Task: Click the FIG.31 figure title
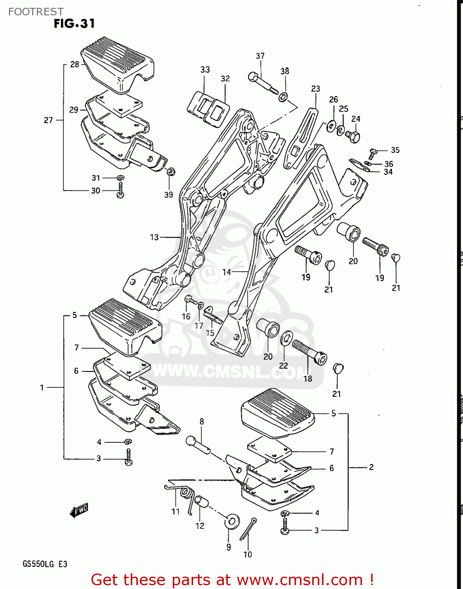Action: (x=74, y=24)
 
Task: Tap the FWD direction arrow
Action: (x=79, y=510)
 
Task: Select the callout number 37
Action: (x=260, y=56)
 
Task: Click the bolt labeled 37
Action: (x=262, y=82)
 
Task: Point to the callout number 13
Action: (x=154, y=237)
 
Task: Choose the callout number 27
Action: (x=48, y=120)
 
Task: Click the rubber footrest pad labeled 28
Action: (x=118, y=63)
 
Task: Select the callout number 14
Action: (x=227, y=272)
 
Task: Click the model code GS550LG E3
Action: (x=45, y=564)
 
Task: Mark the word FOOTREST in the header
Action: (x=36, y=12)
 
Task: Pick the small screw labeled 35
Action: (x=373, y=153)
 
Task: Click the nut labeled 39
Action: (x=171, y=172)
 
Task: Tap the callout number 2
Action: (x=371, y=467)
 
